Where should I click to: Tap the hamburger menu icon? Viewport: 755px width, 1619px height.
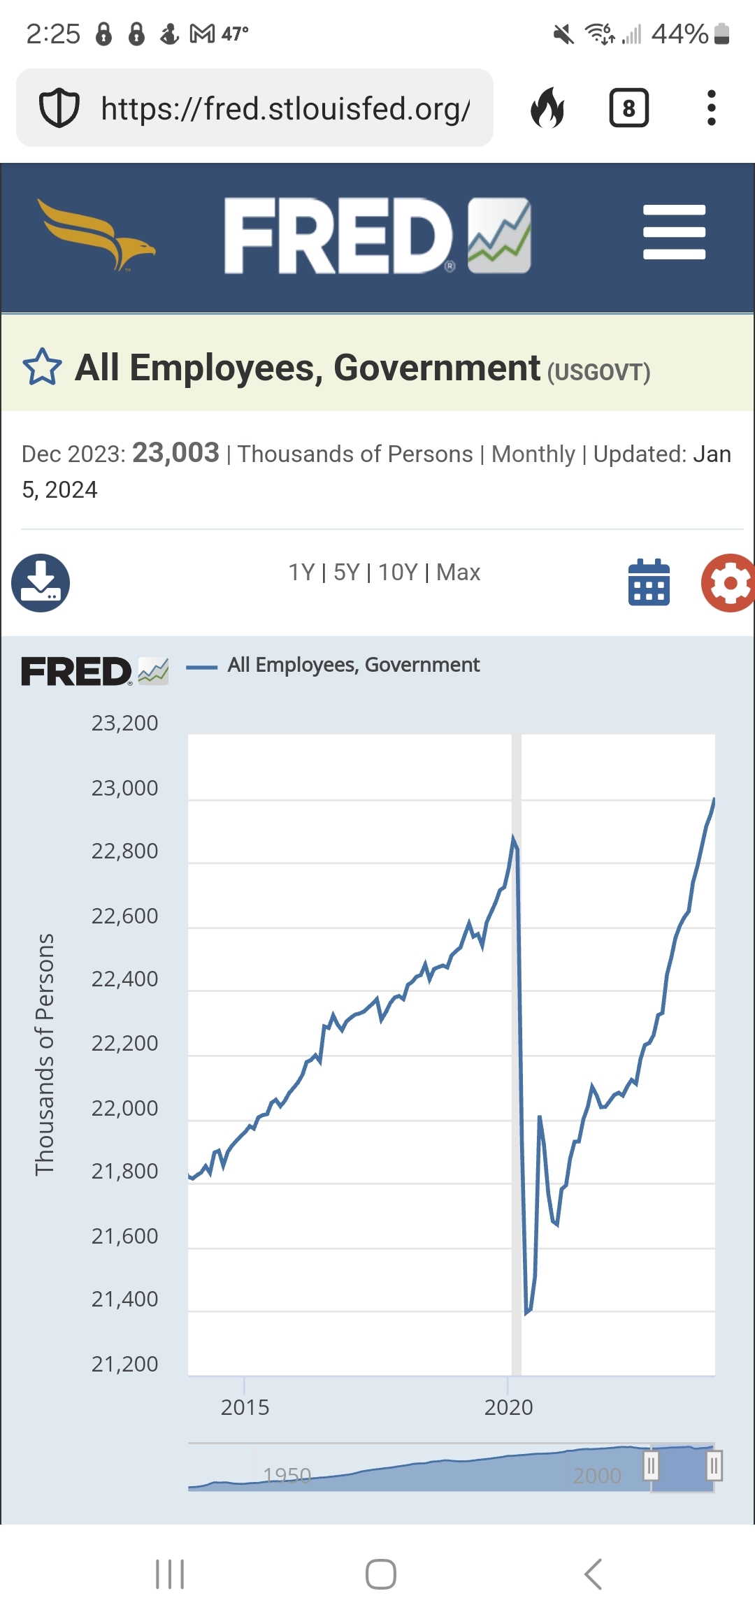[674, 232]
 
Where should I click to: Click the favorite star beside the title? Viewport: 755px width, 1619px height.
[42, 367]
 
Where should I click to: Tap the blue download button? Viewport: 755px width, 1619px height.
[41, 583]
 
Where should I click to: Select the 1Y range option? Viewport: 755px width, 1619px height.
[301, 573]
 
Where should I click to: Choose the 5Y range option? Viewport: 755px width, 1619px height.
[347, 573]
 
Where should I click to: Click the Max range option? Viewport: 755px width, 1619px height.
[459, 573]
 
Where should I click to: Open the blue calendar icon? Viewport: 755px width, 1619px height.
[649, 583]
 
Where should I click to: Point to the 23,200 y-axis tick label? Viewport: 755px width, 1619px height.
[124, 723]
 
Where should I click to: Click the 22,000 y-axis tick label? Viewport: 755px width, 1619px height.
[124, 1108]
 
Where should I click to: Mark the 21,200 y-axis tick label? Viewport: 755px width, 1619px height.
[124, 1364]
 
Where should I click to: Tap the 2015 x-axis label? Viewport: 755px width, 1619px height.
[245, 1407]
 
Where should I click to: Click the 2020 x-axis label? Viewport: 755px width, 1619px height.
[508, 1407]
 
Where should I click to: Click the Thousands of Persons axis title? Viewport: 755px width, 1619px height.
[45, 1054]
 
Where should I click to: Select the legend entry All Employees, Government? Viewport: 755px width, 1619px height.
[353, 665]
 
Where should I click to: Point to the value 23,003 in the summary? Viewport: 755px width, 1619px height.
[175, 453]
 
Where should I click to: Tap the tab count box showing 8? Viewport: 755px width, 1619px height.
[628, 108]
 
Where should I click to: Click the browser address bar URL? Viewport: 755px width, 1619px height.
[285, 108]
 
